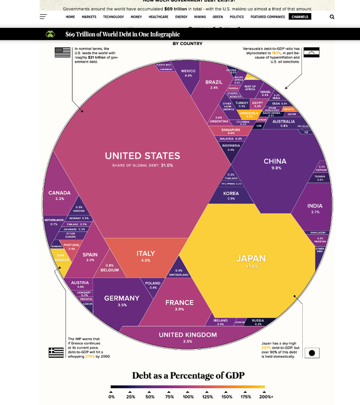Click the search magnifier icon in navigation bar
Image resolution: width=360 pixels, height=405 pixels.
332,17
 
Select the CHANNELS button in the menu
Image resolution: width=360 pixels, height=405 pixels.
300,17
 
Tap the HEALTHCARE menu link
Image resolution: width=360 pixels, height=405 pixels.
158,17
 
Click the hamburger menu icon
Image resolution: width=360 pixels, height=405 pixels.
43,17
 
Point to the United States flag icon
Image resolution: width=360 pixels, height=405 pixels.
63,52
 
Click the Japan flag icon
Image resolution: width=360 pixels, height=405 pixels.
312,353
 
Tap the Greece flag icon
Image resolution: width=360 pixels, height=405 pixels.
56,352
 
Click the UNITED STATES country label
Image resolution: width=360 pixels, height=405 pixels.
142,156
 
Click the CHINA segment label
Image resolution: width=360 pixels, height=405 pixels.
275,161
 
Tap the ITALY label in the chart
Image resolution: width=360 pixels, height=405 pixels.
146,254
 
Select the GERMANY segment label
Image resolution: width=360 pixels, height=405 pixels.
122,298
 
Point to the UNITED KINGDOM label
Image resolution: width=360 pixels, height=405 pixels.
188,335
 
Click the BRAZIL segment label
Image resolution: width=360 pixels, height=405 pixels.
214,82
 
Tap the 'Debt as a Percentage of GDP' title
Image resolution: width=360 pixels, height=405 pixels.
188,375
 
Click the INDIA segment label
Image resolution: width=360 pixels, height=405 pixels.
315,206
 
